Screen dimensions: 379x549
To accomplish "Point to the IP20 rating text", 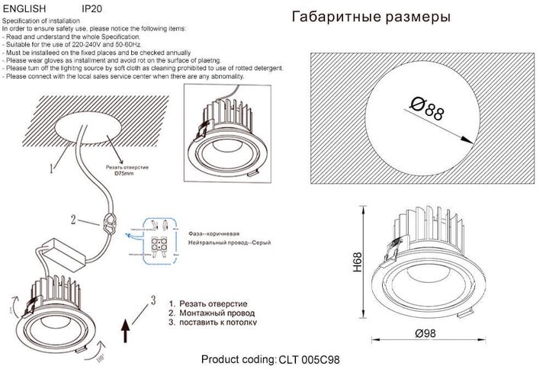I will click(x=92, y=7).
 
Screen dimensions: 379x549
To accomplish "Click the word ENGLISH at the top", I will click(x=24, y=7).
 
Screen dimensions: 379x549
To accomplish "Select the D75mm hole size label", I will click(x=124, y=173).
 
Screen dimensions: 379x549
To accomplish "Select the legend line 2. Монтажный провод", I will click(x=211, y=313).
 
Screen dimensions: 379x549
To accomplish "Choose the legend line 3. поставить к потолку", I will click(x=213, y=322).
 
